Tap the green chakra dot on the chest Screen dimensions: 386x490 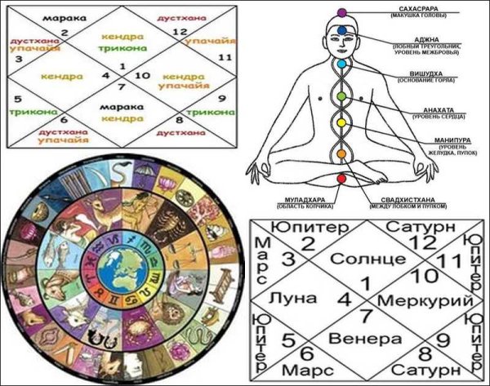[x=343, y=95]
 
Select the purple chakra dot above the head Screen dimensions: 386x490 [x=343, y=11]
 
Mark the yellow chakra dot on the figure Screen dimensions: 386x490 [x=343, y=123]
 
